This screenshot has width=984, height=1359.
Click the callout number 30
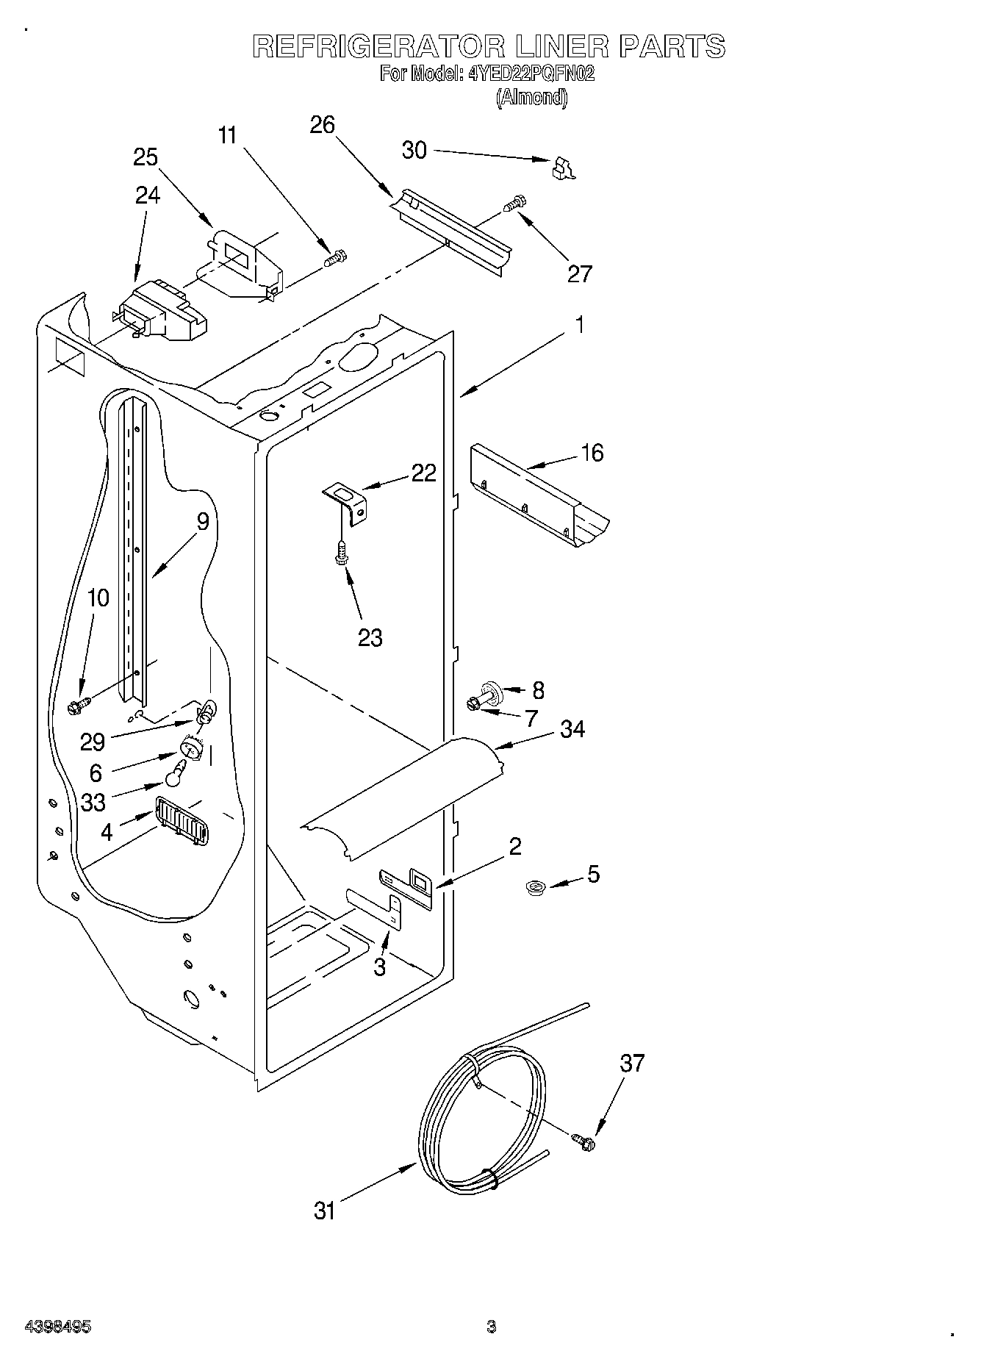pyautogui.click(x=414, y=150)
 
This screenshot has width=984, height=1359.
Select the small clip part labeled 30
pyautogui.click(x=562, y=168)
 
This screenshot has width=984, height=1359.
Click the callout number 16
pyautogui.click(x=592, y=453)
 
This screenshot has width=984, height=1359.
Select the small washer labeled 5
pyautogui.click(x=534, y=888)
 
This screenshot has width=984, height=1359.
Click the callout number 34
pyautogui.click(x=572, y=729)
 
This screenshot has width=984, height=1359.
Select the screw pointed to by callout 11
pyautogui.click(x=336, y=258)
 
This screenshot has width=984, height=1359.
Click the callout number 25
pyautogui.click(x=146, y=157)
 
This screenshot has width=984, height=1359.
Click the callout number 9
pyautogui.click(x=203, y=521)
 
